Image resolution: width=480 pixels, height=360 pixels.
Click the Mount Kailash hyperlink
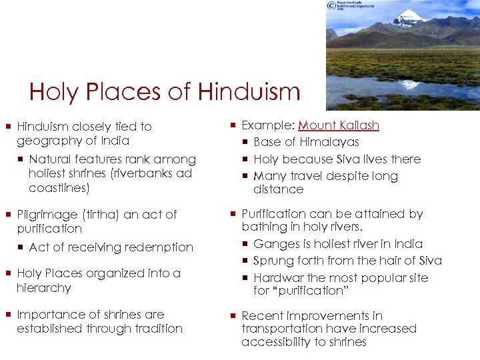(339, 125)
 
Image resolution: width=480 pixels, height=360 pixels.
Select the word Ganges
(275, 244)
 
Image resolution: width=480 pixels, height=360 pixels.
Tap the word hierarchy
(44, 288)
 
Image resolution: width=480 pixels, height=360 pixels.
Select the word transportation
(283, 329)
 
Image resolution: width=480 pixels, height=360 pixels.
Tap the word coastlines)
(59, 188)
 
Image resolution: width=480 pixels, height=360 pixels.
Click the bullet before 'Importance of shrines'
(8, 315)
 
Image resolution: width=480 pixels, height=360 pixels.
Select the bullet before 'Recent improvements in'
(233, 316)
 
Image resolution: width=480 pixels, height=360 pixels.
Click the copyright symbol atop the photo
(331, 5)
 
